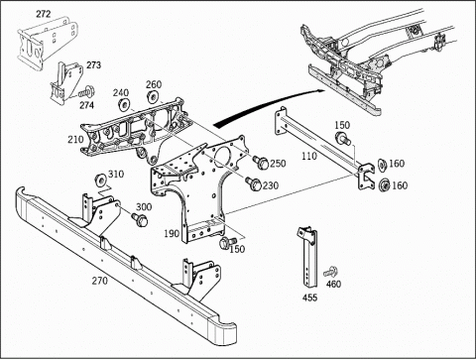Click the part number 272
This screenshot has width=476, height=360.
point(44,14)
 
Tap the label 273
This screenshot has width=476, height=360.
point(93,65)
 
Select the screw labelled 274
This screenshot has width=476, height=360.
point(87,91)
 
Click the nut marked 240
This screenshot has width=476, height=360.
point(123,105)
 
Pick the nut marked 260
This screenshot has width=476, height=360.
point(153,97)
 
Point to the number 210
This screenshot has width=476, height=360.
point(75,140)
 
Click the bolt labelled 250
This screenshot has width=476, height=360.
point(261,163)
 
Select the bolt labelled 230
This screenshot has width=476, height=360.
point(254,183)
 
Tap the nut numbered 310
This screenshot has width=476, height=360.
point(100,180)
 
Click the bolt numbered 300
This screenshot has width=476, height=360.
point(140,219)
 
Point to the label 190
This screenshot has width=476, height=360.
point(172,233)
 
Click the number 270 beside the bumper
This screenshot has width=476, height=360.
point(99,281)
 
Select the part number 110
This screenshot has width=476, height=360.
point(309,156)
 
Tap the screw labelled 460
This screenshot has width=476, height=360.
point(330,272)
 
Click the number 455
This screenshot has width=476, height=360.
point(309,298)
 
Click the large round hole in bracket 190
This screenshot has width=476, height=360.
point(223,155)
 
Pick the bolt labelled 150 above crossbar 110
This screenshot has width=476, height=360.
point(344,138)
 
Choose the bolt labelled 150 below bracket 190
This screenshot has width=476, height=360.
point(228,243)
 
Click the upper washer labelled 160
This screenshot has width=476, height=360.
point(382,165)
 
